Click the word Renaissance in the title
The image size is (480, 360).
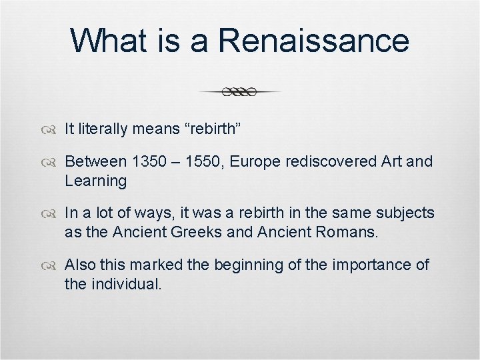[x=313, y=40]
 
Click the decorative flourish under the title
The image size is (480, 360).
[x=240, y=92]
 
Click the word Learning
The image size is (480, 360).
[x=95, y=181]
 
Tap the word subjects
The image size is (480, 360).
[x=407, y=213]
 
